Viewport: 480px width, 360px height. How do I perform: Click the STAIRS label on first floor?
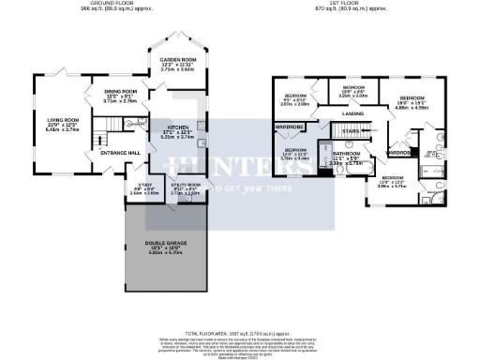(x=351, y=131)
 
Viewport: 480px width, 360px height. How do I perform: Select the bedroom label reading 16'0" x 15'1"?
(x=411, y=97)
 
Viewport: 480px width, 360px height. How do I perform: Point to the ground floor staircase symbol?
(x=114, y=127)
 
